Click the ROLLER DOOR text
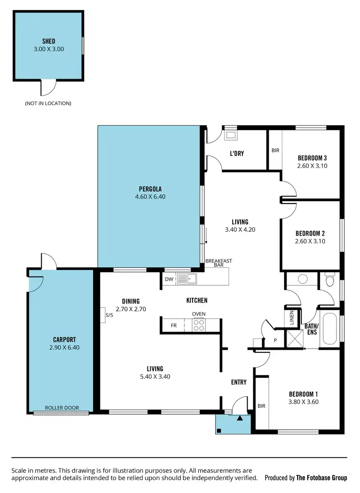[62, 408]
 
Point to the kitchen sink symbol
[187, 278]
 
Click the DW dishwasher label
[169, 279]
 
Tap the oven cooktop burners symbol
[199, 325]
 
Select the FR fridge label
[173, 325]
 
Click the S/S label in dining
[108, 315]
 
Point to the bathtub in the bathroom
[330, 329]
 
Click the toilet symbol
[329, 279]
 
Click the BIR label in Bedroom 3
[275, 150]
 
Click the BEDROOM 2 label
[310, 234]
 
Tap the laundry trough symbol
[231, 135]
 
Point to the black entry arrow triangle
[240, 418]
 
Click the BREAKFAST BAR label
[218, 264]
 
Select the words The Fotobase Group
[321, 478]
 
